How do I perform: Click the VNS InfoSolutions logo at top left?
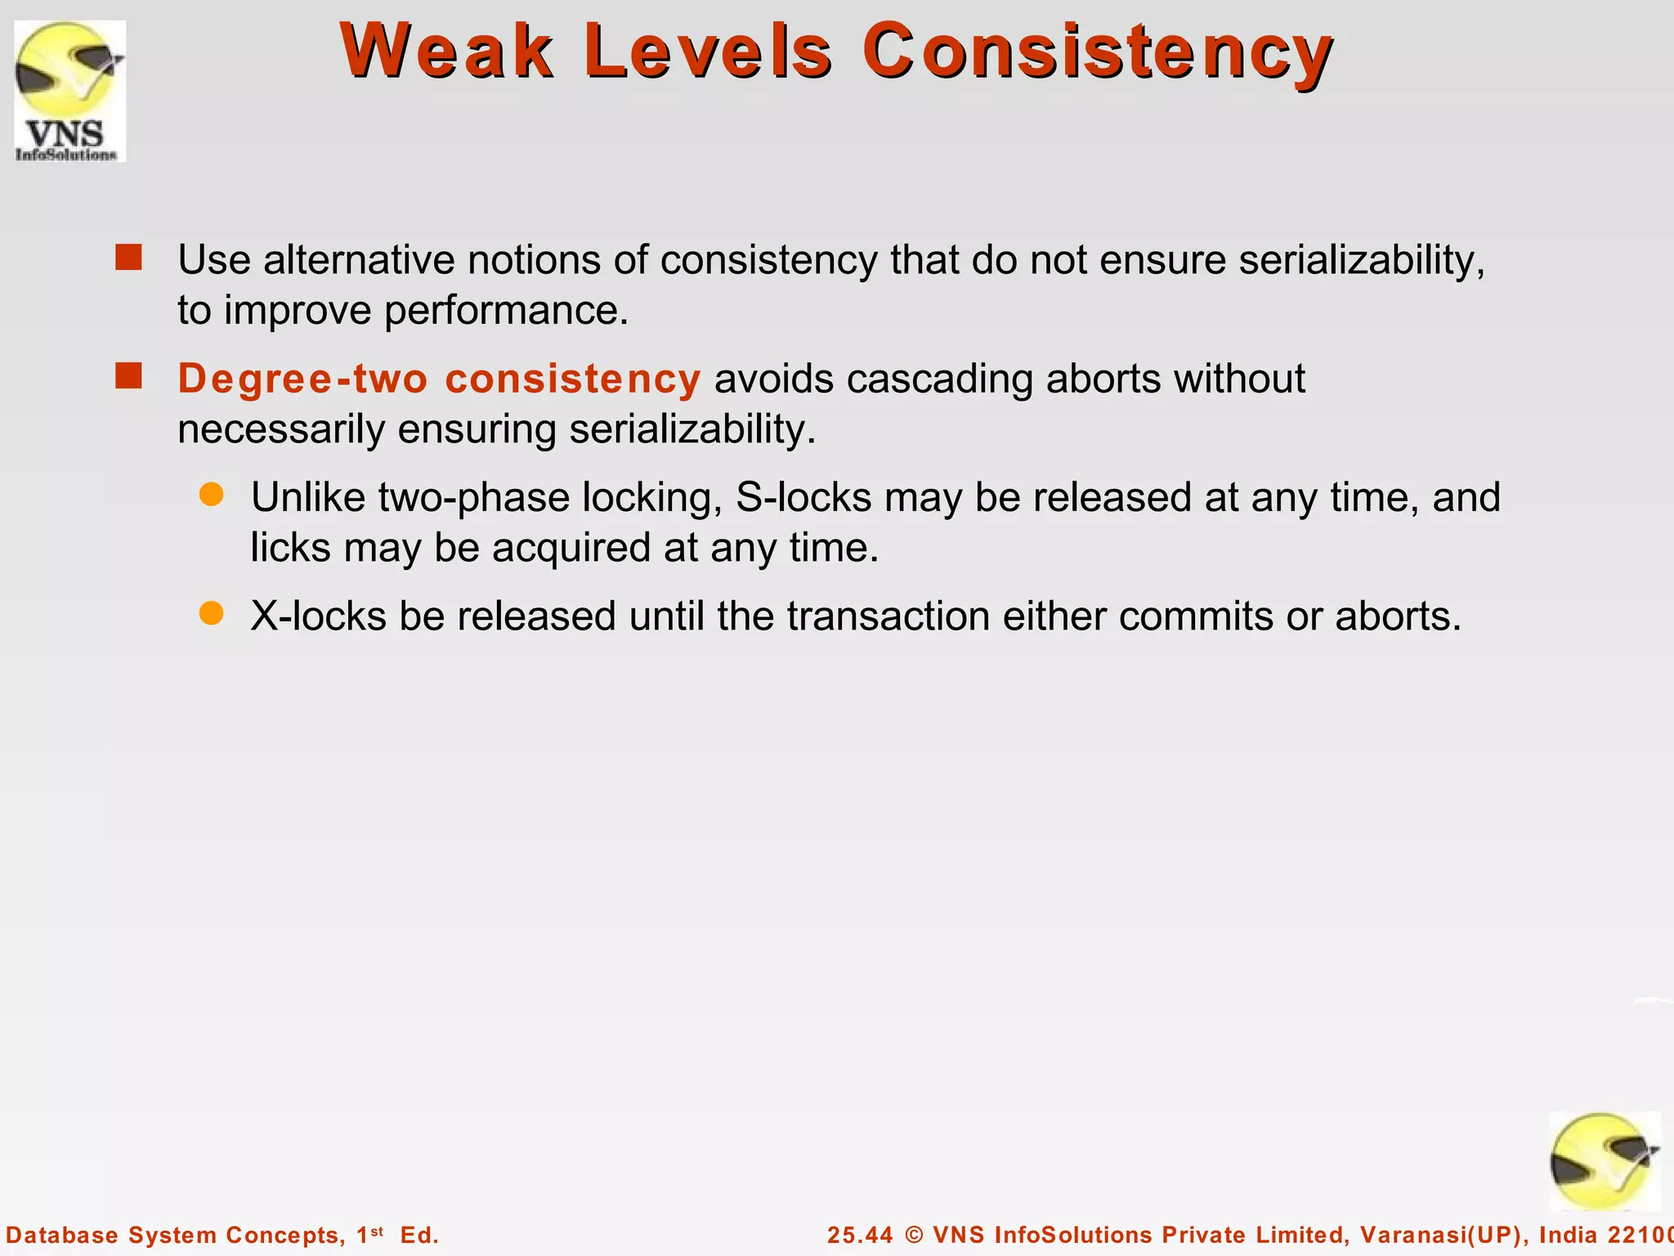coord(69,91)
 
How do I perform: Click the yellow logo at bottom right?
coord(1604,1161)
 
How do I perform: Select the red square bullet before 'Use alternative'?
coord(129,258)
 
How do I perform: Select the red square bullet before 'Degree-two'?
coord(129,376)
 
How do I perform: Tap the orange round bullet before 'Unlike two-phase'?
coord(212,495)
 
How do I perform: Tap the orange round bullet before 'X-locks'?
coord(212,613)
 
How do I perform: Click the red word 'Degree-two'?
coord(302,379)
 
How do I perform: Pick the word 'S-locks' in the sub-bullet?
coord(803,497)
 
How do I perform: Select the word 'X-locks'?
coord(318,616)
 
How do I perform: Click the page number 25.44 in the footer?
coord(859,1235)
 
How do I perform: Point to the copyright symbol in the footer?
coord(914,1235)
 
